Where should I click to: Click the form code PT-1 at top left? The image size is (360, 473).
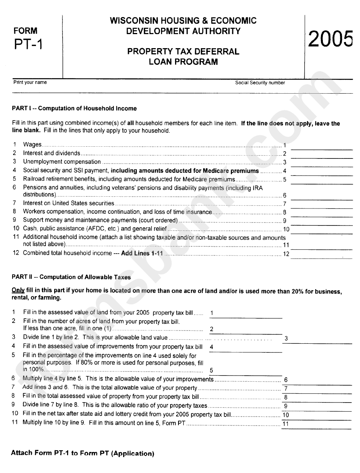coord(28,45)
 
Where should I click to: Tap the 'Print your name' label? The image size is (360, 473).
coord(30,82)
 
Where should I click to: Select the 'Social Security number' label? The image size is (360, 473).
coord(260,83)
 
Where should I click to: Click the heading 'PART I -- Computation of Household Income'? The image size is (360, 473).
coord(74,108)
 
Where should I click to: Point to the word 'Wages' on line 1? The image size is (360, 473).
coord(32,144)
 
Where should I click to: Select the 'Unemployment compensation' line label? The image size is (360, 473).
coord(62,162)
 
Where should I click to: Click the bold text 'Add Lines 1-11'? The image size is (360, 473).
coord(142,253)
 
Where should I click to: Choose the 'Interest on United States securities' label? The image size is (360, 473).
coord(69,203)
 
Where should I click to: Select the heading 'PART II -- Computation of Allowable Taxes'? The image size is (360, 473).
coord(71,277)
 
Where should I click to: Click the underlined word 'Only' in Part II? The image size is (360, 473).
coord(18,291)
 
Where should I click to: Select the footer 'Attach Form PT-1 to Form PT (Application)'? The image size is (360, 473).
coord(83,453)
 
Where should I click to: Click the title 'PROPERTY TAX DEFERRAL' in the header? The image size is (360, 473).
coord(183,52)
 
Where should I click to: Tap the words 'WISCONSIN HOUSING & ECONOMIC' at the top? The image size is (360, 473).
coord(183,21)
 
